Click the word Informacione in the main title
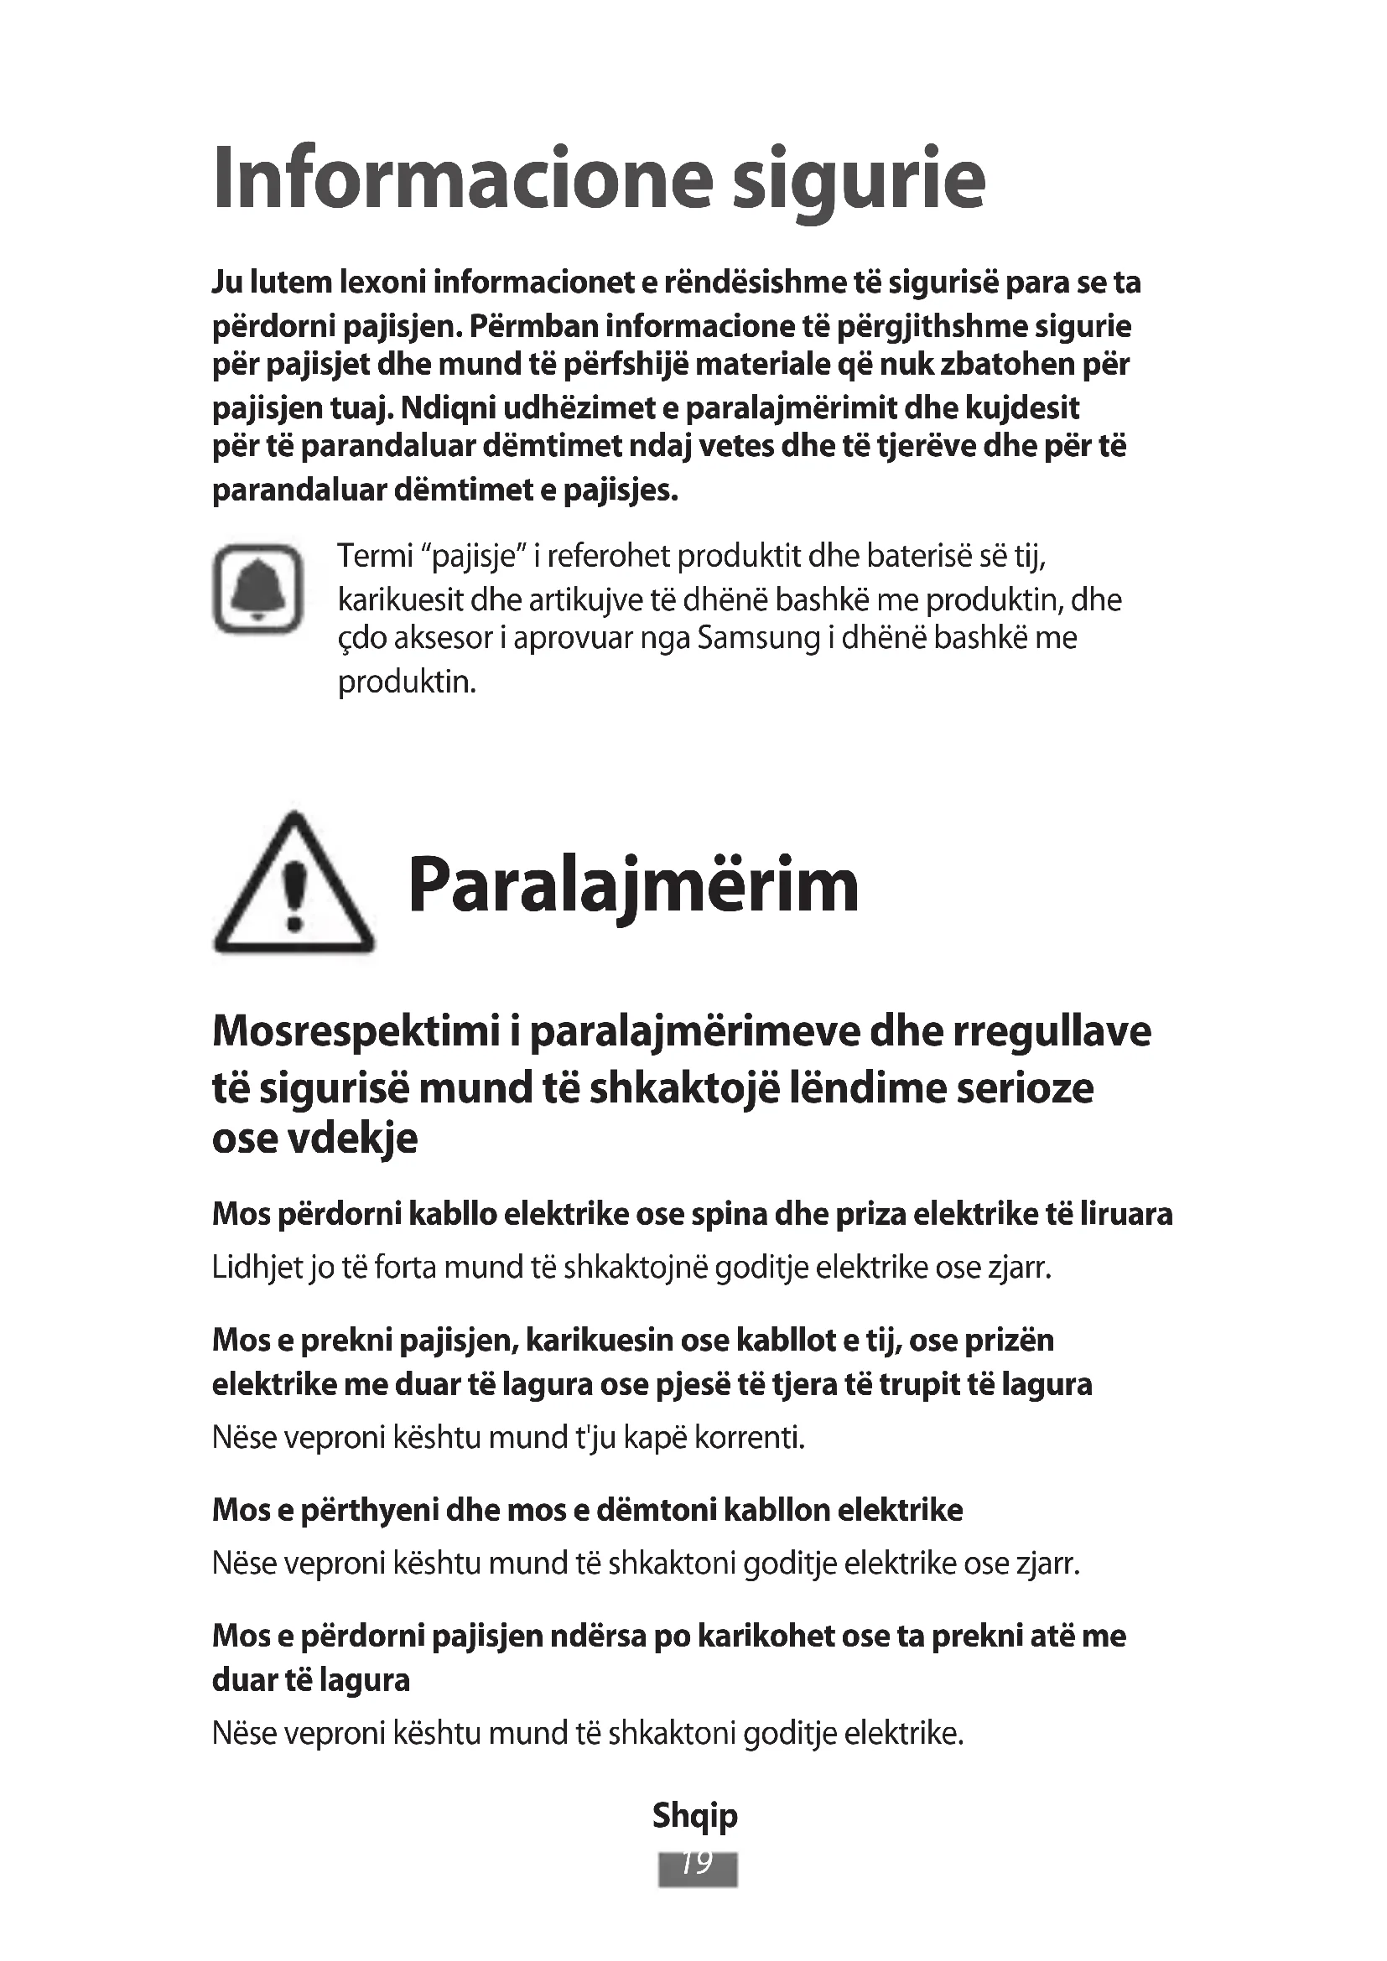[x=462, y=179]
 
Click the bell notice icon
[x=257, y=589]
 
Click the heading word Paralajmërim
[x=633, y=885]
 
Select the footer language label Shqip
[x=694, y=1815]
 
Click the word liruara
[x=1125, y=1214]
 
